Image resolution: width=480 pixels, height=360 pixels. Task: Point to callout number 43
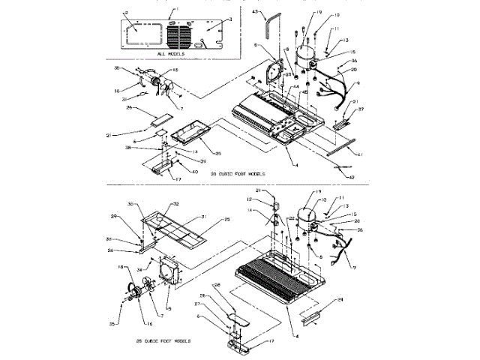(256, 13)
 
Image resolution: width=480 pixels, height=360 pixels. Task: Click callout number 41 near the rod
(359, 154)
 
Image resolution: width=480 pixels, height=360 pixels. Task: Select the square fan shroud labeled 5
(166, 270)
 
